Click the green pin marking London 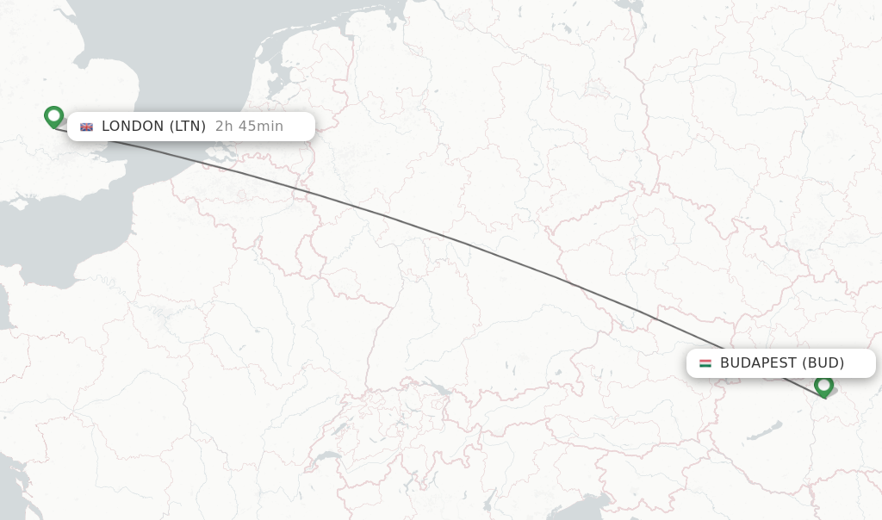54,116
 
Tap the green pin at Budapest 824,386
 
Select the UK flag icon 86,127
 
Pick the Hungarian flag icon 705,363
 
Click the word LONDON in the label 133,127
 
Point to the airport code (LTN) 187,127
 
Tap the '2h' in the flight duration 224,127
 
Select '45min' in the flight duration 260,127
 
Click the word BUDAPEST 758,363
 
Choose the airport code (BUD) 823,363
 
